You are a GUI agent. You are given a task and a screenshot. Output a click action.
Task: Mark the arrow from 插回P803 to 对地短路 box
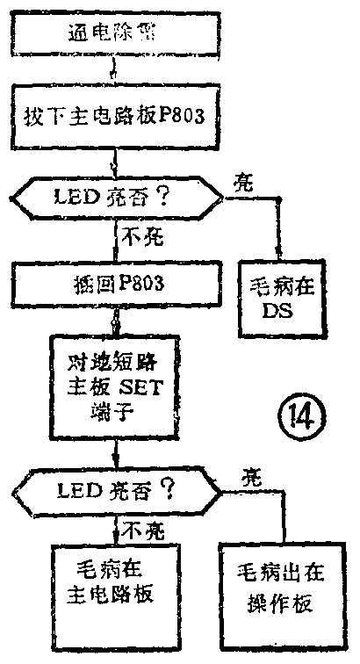[115, 320]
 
